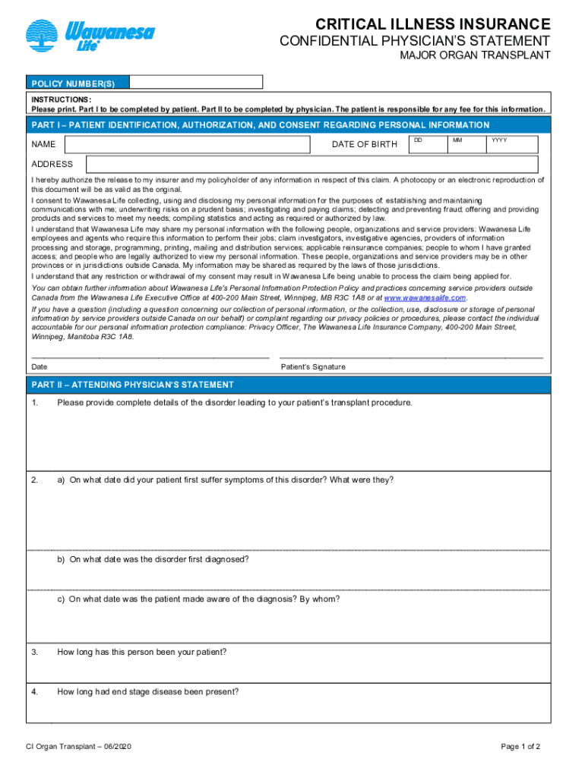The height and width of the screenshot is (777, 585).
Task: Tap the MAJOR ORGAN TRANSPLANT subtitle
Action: [476, 56]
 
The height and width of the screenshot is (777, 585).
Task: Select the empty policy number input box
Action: [195, 82]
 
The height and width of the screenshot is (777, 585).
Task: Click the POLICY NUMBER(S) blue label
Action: [77, 82]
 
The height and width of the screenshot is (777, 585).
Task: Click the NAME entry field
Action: [188, 144]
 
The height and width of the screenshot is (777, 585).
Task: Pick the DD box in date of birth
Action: [428, 144]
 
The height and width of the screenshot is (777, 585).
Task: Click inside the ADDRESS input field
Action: [311, 165]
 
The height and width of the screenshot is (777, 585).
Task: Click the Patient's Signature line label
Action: [313, 367]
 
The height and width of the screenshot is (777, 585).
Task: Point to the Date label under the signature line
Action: [40, 367]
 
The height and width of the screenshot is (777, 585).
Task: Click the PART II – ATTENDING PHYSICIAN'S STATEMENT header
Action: [133, 385]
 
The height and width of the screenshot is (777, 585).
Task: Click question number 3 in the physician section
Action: [35, 652]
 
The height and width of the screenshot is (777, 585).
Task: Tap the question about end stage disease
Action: [148, 691]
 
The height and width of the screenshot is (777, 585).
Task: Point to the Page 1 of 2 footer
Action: [520, 747]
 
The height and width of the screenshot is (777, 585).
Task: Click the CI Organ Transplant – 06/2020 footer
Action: [79, 747]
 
